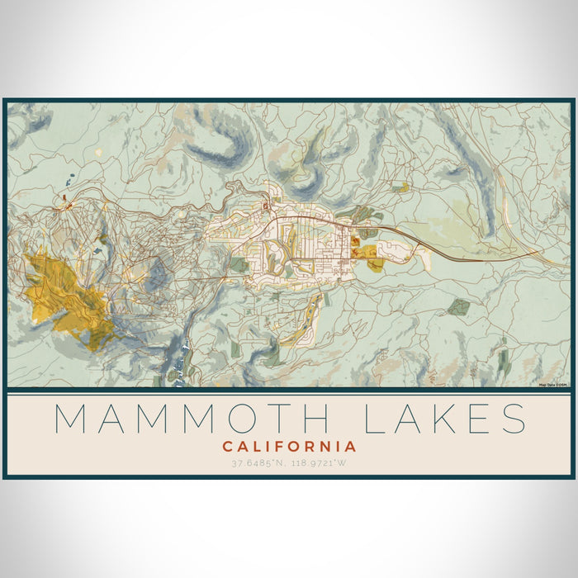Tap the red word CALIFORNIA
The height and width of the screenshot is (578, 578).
pyautogui.click(x=289, y=447)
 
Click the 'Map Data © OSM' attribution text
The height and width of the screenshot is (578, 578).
pyautogui.click(x=553, y=384)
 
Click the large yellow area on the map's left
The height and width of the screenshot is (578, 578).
pyautogui.click(x=62, y=293)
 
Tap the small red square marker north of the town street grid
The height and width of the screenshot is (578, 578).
pyautogui.click(x=265, y=206)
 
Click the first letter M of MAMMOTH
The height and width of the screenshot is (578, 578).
pyautogui.click(x=72, y=419)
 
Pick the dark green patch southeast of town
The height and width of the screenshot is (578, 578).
pyautogui.click(x=459, y=307)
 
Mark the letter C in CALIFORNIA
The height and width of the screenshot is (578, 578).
pyautogui.click(x=227, y=447)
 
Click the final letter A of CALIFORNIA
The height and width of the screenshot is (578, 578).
pyautogui.click(x=351, y=447)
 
